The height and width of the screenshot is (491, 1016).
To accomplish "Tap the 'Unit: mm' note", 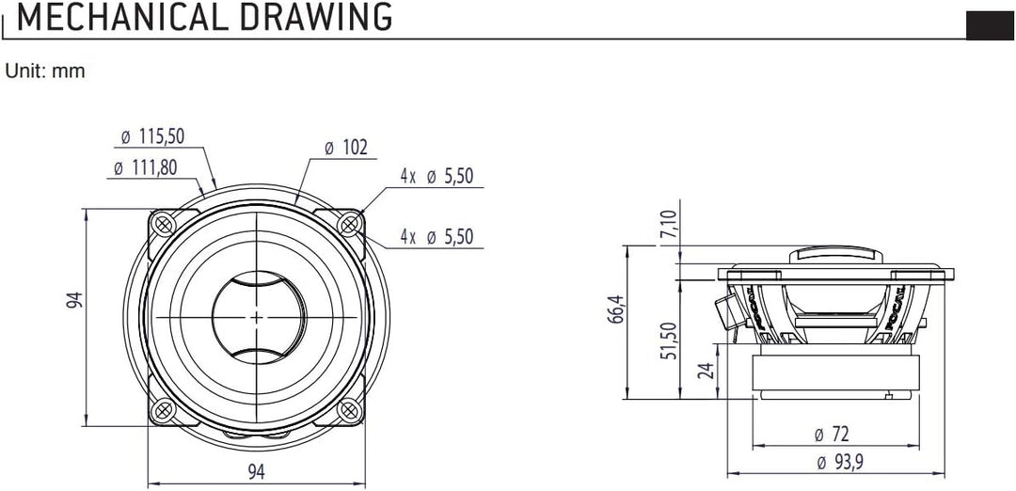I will click(45, 71).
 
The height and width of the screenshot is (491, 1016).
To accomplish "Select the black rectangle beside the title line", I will click(990, 25).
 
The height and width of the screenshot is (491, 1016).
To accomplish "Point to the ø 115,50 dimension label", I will click(151, 137).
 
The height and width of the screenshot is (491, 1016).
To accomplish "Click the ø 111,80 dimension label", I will click(147, 167).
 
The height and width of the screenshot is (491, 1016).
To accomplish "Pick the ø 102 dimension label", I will click(344, 148).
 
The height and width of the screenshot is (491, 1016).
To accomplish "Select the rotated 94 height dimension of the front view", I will click(75, 300).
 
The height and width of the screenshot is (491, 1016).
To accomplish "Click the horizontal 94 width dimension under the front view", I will click(256, 472).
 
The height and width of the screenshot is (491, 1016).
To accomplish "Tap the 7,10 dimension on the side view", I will click(669, 226).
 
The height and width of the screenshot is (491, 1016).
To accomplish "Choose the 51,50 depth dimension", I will click(669, 340).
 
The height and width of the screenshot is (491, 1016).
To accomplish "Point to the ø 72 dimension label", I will click(833, 435).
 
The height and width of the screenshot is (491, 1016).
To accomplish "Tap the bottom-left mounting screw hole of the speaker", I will click(163, 410).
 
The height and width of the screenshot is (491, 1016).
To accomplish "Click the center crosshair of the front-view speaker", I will click(256, 317).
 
